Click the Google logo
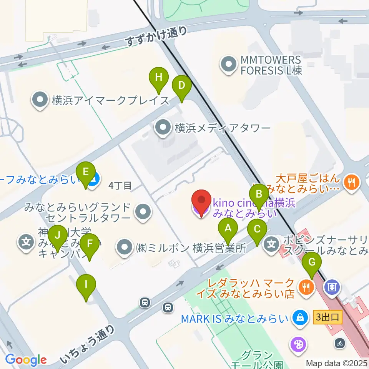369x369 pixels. (26, 360)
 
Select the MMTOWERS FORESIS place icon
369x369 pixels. (229, 65)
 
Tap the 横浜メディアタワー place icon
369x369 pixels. (163, 128)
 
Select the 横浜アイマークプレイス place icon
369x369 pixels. (40, 101)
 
